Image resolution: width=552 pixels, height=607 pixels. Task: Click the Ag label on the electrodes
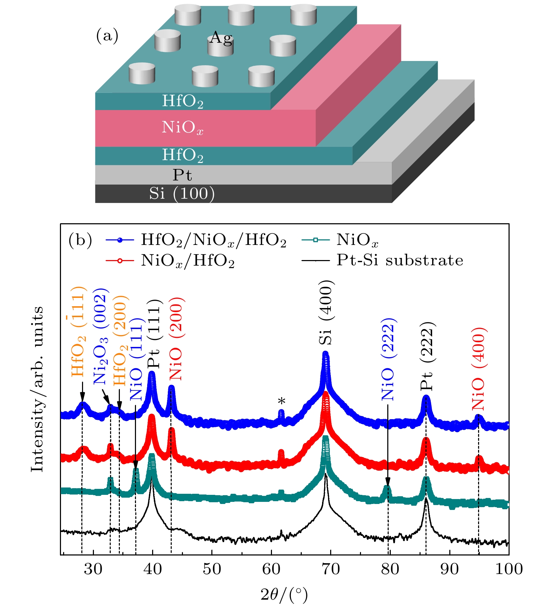(220, 38)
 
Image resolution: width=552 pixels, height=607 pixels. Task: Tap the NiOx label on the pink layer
(182, 127)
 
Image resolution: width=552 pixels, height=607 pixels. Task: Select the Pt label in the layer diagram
(182, 175)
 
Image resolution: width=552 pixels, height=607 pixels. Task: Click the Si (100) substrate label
(182, 193)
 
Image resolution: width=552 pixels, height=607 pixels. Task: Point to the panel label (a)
(107, 36)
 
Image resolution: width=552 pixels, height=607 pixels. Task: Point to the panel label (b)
(80, 240)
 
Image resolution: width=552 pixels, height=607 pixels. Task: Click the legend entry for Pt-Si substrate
(400, 260)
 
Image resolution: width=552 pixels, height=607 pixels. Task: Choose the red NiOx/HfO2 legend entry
(188, 261)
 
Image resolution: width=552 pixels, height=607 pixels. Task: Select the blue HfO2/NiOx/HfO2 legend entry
(213, 240)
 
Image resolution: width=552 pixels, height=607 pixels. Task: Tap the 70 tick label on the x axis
(331, 569)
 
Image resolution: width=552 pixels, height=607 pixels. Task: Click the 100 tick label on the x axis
(509, 569)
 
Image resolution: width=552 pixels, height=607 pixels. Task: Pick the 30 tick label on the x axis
(93, 569)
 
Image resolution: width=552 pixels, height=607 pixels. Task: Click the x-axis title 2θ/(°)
(284, 594)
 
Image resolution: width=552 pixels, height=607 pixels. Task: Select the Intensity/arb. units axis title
(37, 389)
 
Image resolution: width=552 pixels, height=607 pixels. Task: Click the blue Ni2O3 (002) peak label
(101, 336)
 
